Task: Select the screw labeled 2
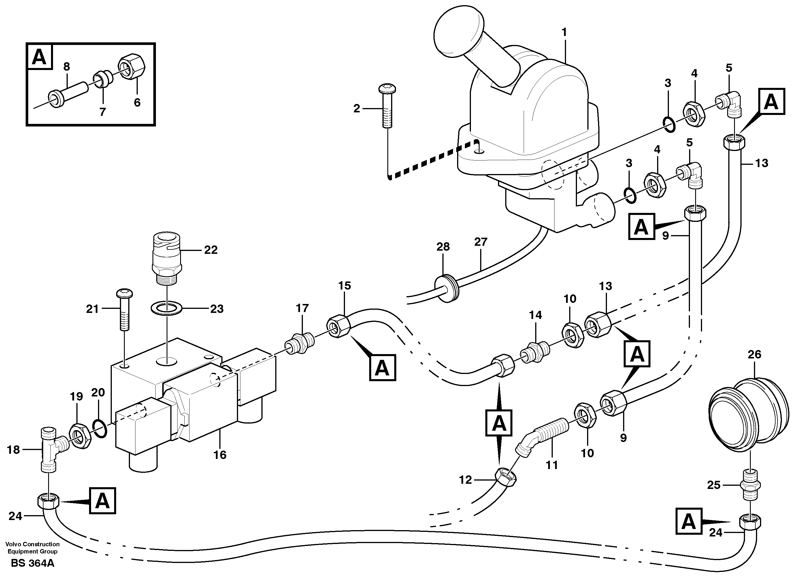point(387,106)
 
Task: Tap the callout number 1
point(564,33)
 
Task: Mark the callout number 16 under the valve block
point(220,455)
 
